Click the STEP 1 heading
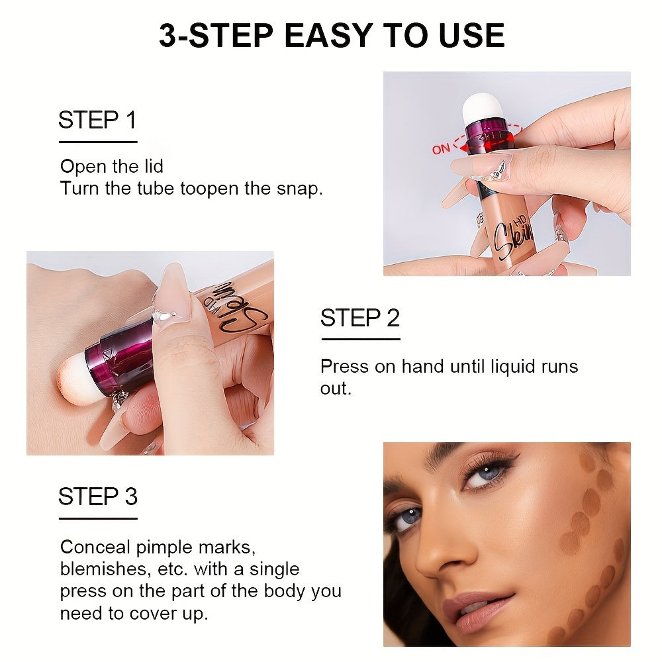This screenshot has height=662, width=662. pyautogui.click(x=97, y=120)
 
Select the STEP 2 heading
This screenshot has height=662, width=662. pyautogui.click(x=360, y=318)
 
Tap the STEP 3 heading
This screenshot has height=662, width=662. pyautogui.click(x=97, y=496)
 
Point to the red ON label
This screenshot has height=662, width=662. pyautogui.click(x=441, y=149)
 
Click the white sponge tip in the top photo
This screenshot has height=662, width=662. pyautogui.click(x=483, y=106)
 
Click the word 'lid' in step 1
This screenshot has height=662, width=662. pyautogui.click(x=152, y=166)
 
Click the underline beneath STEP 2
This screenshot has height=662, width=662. pyautogui.click(x=360, y=340)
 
